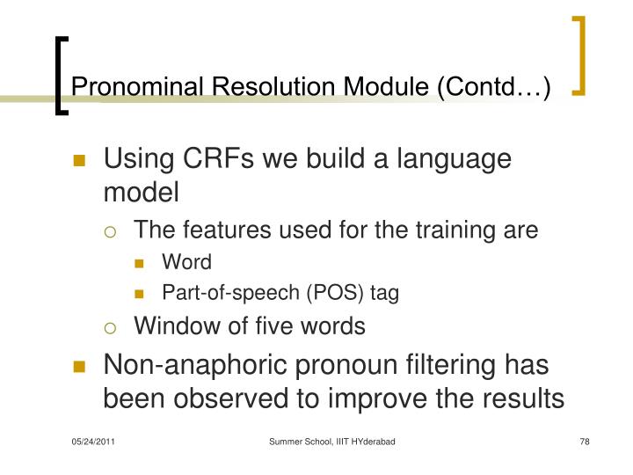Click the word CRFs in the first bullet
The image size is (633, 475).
tap(214, 160)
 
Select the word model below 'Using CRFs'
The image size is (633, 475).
tap(141, 192)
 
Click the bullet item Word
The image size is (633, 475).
tap(186, 262)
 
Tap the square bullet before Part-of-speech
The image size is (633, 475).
tap(143, 294)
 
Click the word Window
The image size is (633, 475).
tap(170, 326)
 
